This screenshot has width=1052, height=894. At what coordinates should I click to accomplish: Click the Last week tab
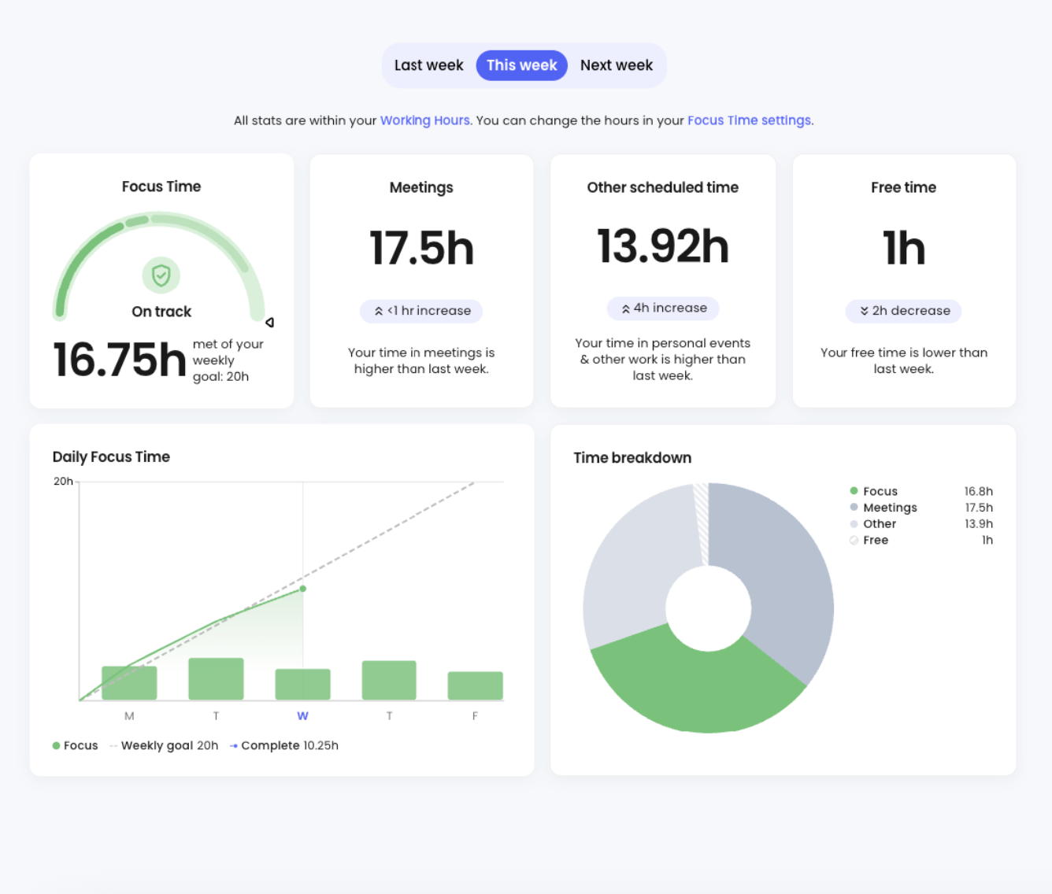pos(428,65)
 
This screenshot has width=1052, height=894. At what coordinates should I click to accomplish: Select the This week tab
pos(521,65)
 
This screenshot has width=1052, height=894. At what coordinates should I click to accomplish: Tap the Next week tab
pos(616,65)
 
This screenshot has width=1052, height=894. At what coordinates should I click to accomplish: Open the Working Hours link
pos(424,120)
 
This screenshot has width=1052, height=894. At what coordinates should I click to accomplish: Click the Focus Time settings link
pos(750,120)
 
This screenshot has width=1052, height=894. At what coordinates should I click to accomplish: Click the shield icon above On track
pos(161,275)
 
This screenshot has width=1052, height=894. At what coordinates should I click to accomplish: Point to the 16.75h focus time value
pos(119,360)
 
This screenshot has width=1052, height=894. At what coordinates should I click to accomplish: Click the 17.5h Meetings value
pos(421,248)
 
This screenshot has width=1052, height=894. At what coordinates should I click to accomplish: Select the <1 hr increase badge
pos(421,311)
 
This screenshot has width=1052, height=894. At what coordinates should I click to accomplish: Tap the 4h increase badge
pos(663,308)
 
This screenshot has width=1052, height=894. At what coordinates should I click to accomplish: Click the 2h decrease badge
pos(903,311)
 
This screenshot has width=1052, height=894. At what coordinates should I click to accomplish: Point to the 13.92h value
pos(663,246)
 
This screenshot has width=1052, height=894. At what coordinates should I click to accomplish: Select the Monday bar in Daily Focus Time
pos(129,683)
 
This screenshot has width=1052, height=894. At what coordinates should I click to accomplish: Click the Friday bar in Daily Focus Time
pos(475,685)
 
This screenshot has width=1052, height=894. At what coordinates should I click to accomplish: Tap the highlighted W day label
pos(302,716)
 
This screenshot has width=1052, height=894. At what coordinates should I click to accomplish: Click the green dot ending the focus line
pos(303,589)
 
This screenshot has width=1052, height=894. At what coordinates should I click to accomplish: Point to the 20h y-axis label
pos(63,482)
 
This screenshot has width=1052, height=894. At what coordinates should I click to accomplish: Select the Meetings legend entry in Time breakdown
pos(889,508)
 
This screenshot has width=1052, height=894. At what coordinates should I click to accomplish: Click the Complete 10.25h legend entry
pos(288,745)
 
